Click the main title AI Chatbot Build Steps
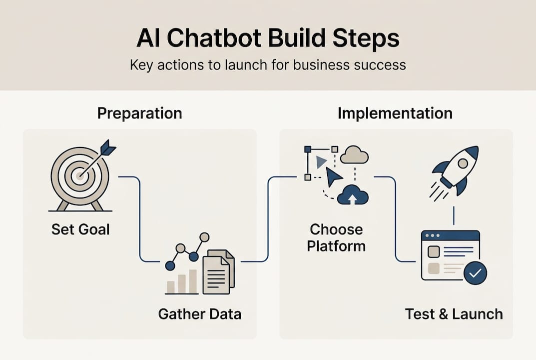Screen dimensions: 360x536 coord(268,38)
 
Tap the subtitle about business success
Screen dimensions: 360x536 coord(268,65)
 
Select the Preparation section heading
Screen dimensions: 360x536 coord(139,113)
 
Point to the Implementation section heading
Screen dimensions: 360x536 coord(395,113)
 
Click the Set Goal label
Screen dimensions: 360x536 coord(80,230)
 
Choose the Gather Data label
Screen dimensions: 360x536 coord(199,314)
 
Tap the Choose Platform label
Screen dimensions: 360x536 coord(336,238)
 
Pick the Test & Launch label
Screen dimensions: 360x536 coord(454,314)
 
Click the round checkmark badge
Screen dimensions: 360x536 coord(475,272)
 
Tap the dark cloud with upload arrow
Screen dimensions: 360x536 coord(353,195)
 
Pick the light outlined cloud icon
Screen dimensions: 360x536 coord(354,156)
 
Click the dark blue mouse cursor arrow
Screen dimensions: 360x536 coord(333,176)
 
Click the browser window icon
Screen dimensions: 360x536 coord(450,255)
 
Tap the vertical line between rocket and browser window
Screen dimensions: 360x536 coord(453,215)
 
